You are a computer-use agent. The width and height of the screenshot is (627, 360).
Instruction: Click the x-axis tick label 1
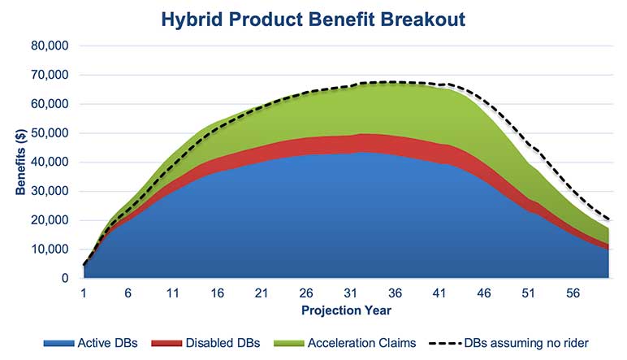[84, 293]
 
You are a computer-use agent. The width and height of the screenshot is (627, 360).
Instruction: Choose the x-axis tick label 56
[572, 293]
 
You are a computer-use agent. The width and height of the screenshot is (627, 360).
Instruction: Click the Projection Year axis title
[346, 310]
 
